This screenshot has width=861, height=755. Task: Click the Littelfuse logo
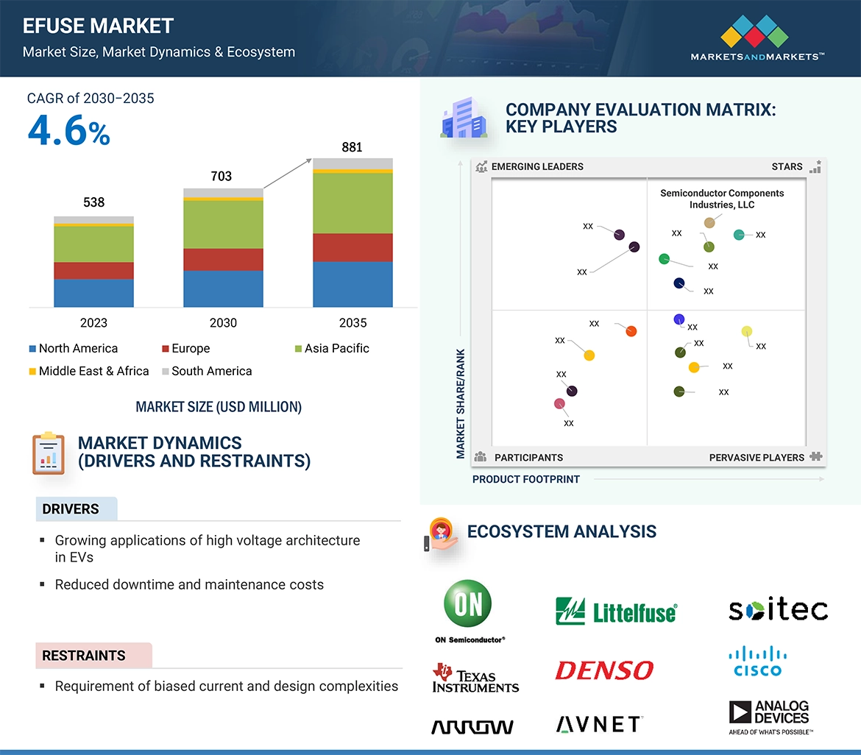[615, 611]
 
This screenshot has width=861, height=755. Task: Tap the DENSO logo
[603, 670]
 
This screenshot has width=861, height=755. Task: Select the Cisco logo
[757, 661]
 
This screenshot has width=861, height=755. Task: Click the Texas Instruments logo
[475, 678]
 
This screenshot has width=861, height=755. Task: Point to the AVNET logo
[599, 725]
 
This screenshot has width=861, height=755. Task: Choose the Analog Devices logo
[770, 716]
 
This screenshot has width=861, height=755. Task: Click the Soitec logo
[778, 610]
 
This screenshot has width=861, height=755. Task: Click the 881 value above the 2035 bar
[352, 147]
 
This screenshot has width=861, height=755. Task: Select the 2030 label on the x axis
[223, 322]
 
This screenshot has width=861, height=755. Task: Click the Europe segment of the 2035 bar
[352, 247]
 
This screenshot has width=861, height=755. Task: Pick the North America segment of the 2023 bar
[93, 292]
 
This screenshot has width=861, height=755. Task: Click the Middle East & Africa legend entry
[88, 371]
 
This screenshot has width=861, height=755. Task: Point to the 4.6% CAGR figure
[68, 130]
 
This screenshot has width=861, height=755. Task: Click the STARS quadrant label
[787, 166]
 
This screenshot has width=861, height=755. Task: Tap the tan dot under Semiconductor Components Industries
[709, 222]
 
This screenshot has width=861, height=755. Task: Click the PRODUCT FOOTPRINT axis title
[525, 479]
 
